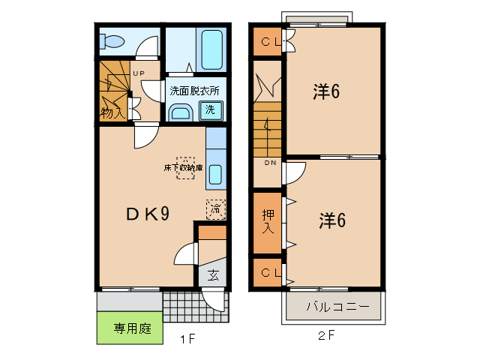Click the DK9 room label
[x=146, y=214]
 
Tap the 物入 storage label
[x=112, y=113]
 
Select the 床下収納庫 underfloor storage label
[x=184, y=169]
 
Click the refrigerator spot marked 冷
[x=215, y=208]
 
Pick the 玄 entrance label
[x=213, y=275]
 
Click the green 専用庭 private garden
[x=129, y=328]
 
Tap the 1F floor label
[x=187, y=339]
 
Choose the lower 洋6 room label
[x=331, y=220]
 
